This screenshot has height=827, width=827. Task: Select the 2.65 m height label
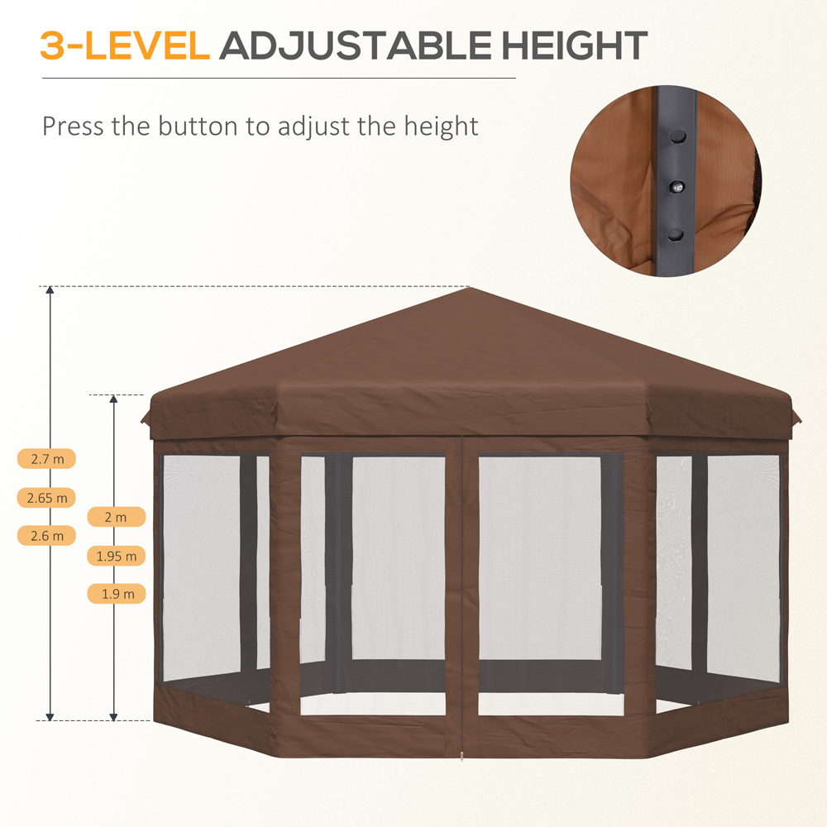tap(46, 497)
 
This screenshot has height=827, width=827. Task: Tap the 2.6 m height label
tap(46, 535)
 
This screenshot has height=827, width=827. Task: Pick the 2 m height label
tap(116, 517)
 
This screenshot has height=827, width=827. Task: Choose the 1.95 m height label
tap(116, 555)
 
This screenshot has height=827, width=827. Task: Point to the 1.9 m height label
tap(116, 593)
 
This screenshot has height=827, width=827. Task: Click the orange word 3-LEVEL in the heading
tap(124, 46)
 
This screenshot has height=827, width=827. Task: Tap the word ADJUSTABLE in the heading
tap(355, 46)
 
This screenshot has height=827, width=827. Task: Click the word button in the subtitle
tap(198, 127)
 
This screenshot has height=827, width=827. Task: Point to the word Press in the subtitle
tap(69, 127)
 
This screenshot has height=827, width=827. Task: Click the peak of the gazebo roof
tap(469, 289)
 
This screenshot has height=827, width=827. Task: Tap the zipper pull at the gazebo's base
tap(462, 755)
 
